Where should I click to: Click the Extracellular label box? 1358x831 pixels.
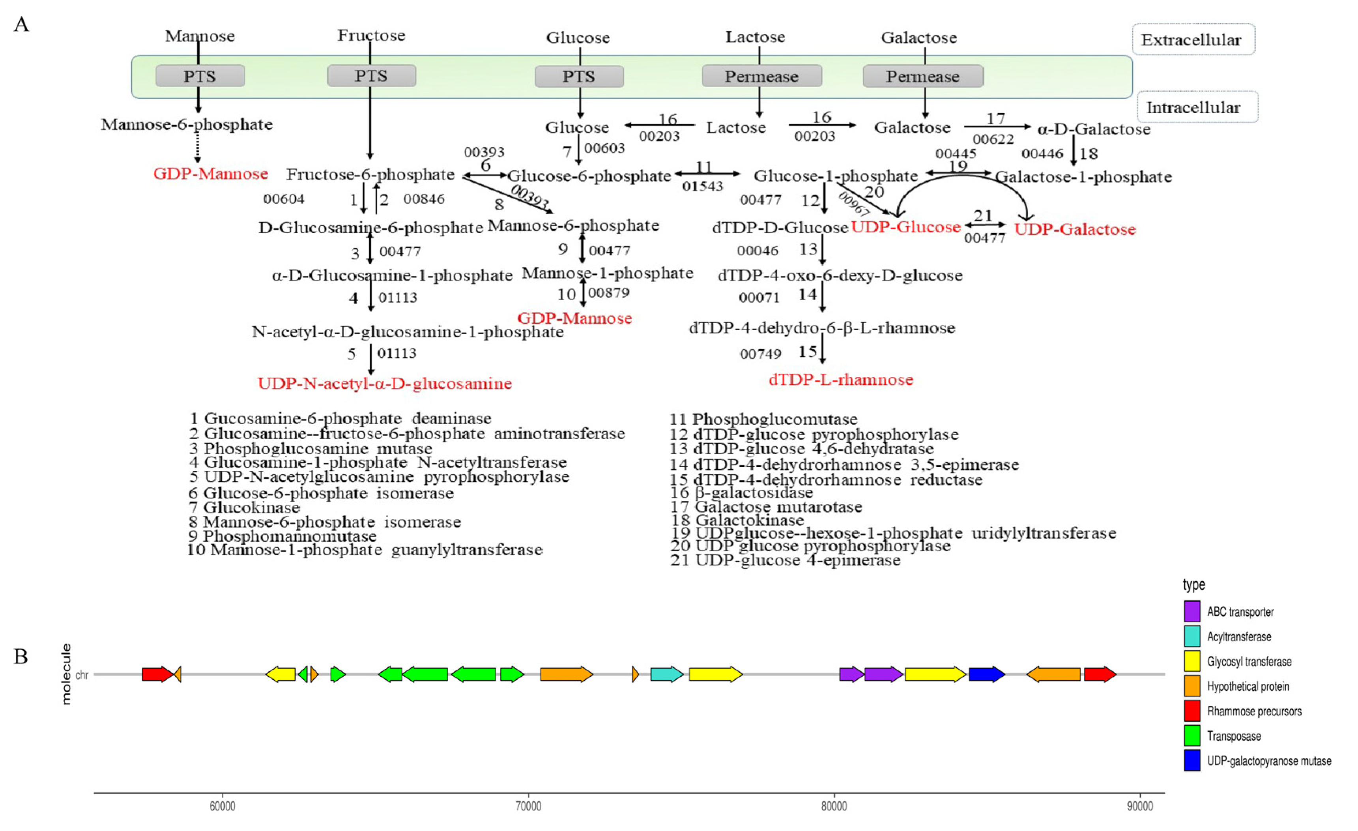click(1193, 40)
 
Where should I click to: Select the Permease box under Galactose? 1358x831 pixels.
click(922, 77)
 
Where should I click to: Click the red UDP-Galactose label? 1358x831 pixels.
click(1075, 229)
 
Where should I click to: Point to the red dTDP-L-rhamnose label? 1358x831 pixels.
click(840, 380)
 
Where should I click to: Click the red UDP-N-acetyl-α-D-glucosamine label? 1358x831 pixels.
click(385, 384)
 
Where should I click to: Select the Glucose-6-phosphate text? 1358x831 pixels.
click(589, 176)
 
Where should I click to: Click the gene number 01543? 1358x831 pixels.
click(702, 187)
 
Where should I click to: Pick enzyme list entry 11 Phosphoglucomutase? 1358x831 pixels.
click(763, 419)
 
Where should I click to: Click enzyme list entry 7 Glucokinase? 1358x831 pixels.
click(245, 507)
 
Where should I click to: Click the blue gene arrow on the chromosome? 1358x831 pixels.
click(986, 674)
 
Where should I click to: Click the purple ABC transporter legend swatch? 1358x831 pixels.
click(1192, 612)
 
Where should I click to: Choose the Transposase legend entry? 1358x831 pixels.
click(1233, 736)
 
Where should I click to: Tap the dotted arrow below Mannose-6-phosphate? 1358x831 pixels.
click(198, 148)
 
